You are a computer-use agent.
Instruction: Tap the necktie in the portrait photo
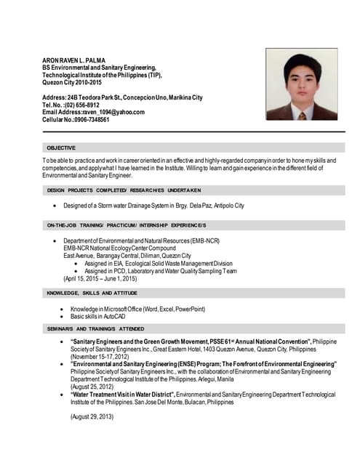click(302, 114)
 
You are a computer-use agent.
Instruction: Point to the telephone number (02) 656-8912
click(83, 105)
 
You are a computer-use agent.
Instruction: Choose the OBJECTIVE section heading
click(60, 147)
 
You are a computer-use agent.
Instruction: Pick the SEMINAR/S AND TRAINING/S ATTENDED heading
click(95, 328)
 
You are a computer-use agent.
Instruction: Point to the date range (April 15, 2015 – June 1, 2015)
click(100, 278)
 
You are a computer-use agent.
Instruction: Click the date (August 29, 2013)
click(92, 417)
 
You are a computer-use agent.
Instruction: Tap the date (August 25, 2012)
click(92, 387)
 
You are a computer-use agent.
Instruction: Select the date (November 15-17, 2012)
click(99, 357)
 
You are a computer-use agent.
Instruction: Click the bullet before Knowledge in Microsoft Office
click(65, 310)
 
